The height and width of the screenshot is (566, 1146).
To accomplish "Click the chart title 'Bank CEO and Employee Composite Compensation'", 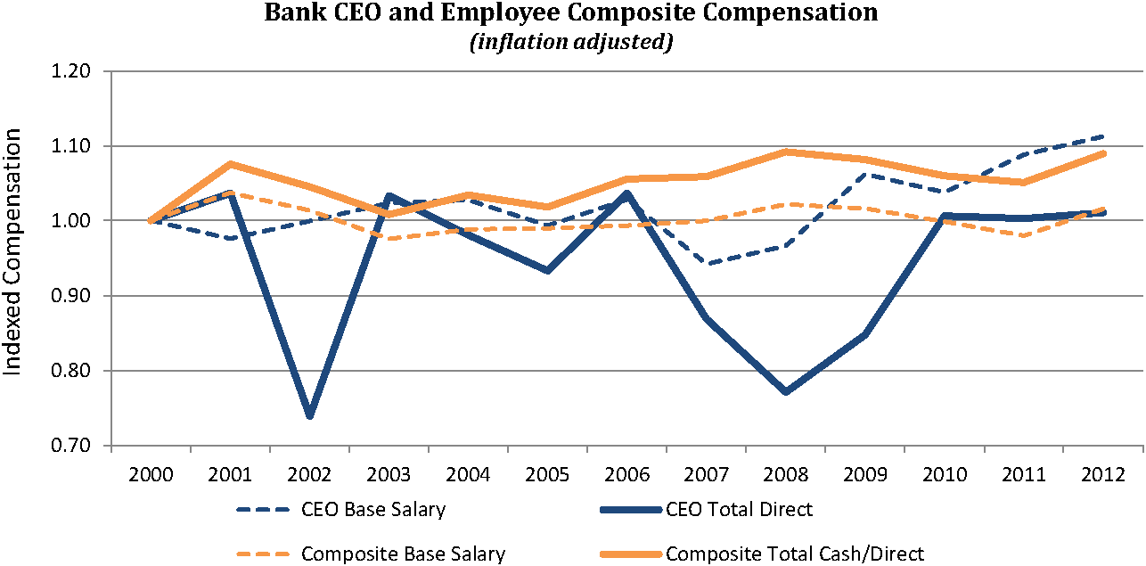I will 570,14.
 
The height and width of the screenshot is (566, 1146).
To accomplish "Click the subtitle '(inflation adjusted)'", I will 570,43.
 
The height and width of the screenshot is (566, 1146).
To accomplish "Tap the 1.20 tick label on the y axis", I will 79,71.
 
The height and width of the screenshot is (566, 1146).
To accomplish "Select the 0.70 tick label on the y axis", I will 79,446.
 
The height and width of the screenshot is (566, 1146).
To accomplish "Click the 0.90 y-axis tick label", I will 79,296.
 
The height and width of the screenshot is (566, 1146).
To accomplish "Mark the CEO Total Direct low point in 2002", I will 309,415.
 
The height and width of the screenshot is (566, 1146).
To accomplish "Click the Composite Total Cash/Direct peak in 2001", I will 230,164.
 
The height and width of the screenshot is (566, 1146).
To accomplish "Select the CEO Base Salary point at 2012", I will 1104,136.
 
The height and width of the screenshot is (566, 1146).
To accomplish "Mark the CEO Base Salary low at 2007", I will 707,264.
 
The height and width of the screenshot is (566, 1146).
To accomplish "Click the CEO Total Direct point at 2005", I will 548,270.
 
